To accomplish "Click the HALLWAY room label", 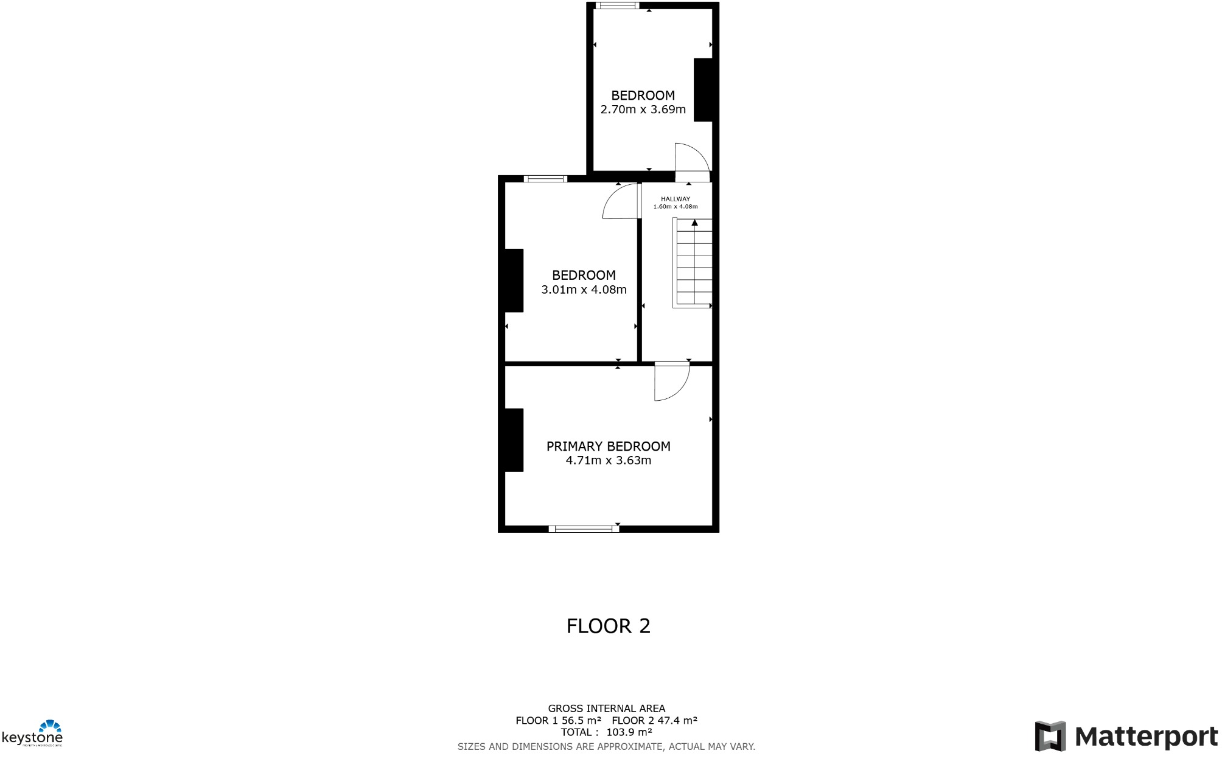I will click(x=675, y=199).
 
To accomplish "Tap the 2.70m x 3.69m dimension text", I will click(x=643, y=109).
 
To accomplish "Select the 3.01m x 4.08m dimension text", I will click(x=584, y=289).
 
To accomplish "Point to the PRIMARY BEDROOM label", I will click(x=608, y=446).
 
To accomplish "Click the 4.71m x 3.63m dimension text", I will click(x=608, y=460).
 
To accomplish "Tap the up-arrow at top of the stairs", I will click(x=694, y=223).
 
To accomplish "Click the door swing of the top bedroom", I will click(x=691, y=158).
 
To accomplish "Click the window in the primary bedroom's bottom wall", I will click(x=584, y=529).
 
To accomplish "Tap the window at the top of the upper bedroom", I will click(x=617, y=5).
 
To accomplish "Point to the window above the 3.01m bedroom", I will click(x=545, y=179).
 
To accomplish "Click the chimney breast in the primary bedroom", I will click(x=513, y=440).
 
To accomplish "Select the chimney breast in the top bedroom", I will click(x=704, y=89).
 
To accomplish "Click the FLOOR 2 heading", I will click(x=608, y=626).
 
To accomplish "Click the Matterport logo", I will click(x=1126, y=736).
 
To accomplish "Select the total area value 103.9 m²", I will click(x=629, y=732).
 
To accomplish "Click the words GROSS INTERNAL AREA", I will click(x=606, y=709).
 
